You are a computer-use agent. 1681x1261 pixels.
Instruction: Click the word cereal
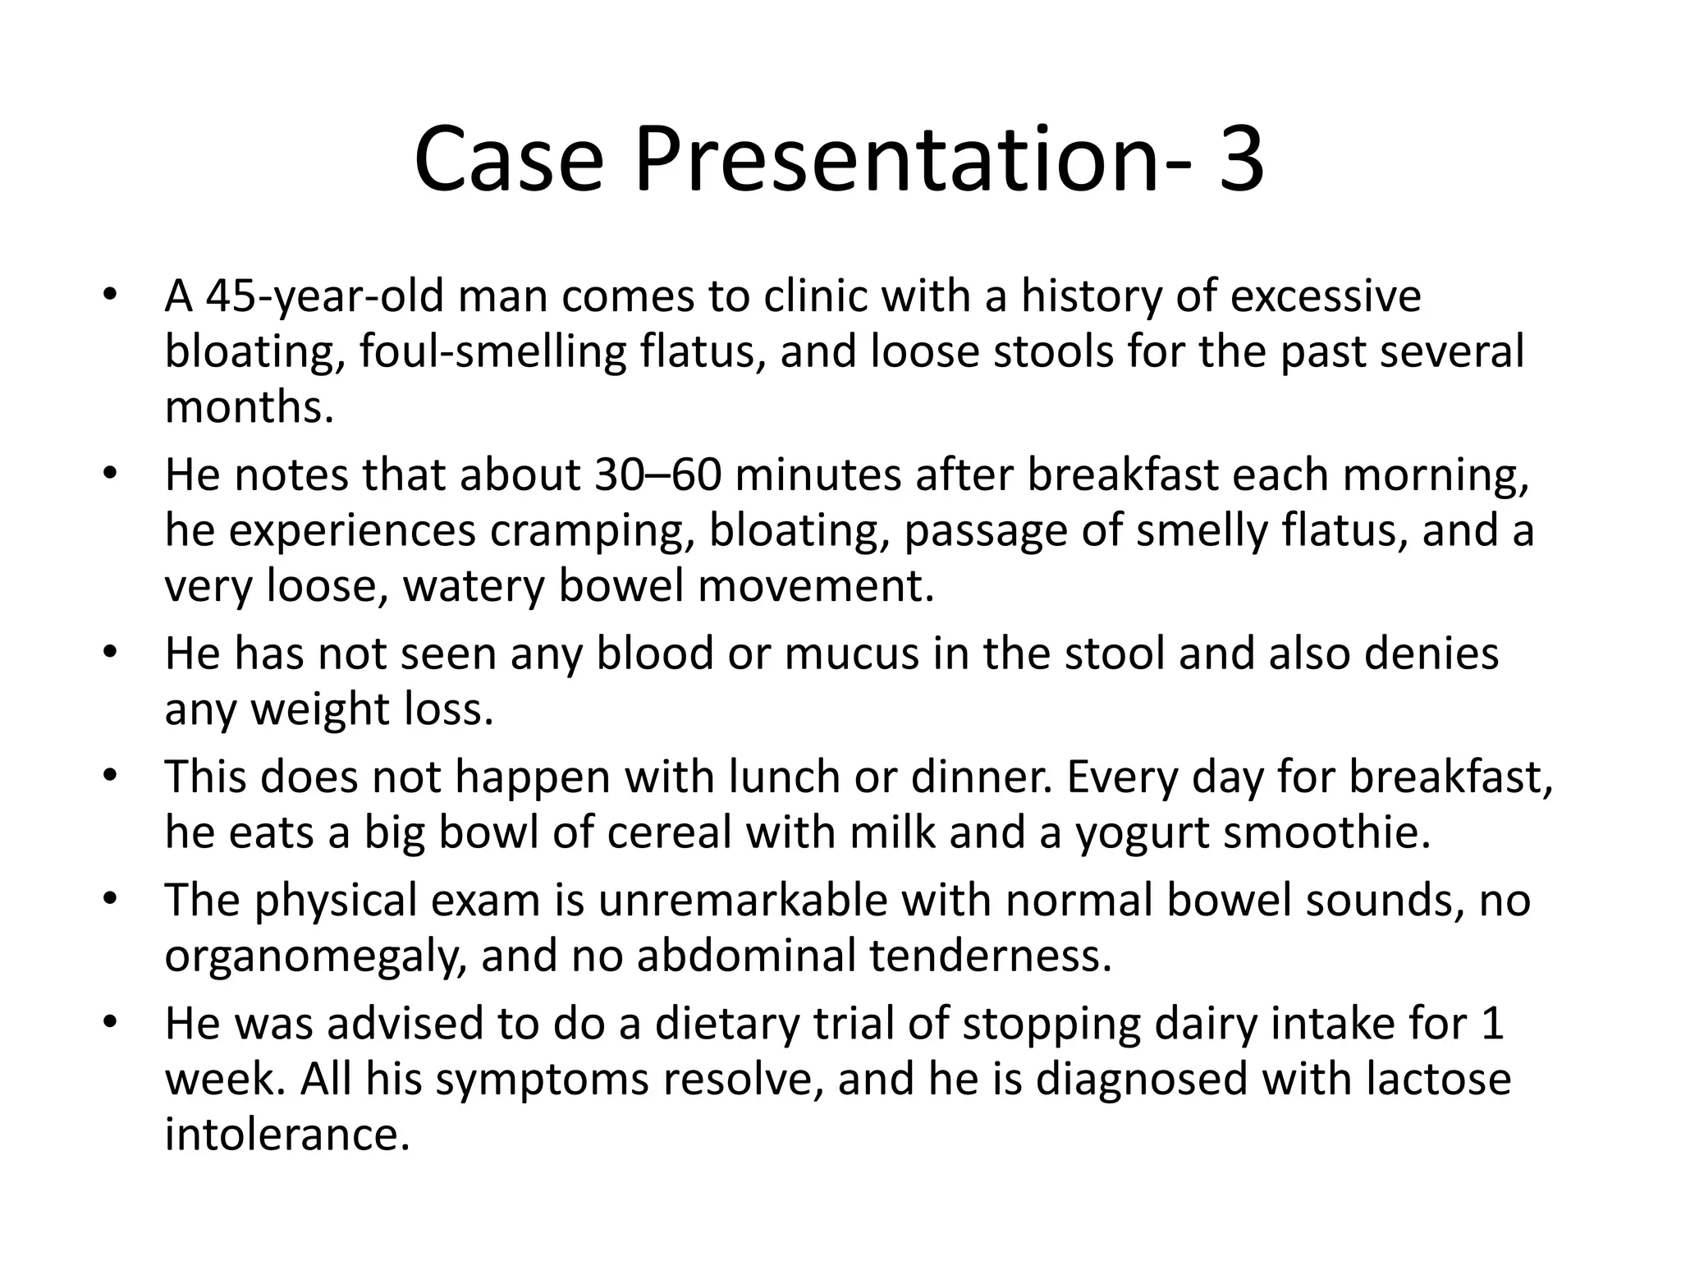click(x=669, y=832)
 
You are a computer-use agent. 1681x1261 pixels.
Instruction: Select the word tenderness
click(x=991, y=956)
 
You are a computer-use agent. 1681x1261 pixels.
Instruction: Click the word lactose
click(x=1438, y=1080)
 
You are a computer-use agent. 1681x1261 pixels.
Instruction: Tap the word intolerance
click(x=286, y=1135)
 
